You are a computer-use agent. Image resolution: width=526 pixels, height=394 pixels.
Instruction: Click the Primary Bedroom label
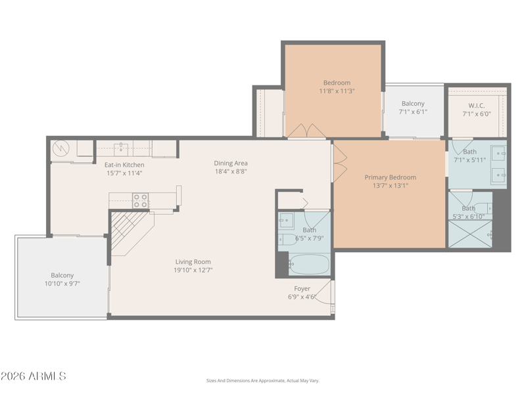pyautogui.click(x=390, y=177)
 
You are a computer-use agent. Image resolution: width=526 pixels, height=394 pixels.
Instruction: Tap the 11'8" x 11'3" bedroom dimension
pyautogui.click(x=337, y=91)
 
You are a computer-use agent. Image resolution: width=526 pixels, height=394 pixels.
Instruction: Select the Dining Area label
pyautogui.click(x=231, y=163)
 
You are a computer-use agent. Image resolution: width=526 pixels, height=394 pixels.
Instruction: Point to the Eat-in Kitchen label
pyautogui.click(x=124, y=165)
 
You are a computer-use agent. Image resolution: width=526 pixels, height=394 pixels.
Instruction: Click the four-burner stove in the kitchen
pyautogui.click(x=141, y=200)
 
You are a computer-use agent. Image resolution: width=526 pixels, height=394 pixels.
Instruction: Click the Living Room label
pyautogui.click(x=193, y=261)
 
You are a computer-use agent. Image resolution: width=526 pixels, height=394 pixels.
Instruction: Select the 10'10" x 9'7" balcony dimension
pyautogui.click(x=62, y=284)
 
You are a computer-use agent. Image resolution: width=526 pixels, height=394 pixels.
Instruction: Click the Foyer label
pyautogui.click(x=302, y=288)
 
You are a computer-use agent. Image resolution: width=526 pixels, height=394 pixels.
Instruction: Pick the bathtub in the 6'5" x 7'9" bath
pyautogui.click(x=309, y=265)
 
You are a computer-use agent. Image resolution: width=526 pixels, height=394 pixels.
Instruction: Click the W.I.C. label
pyautogui.click(x=476, y=106)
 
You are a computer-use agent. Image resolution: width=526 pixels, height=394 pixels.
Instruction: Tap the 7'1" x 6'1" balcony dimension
pyautogui.click(x=413, y=112)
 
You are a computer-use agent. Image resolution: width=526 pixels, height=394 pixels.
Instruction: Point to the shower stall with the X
pyautogui.click(x=470, y=234)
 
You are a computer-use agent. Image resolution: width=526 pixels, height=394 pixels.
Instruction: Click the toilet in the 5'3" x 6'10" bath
pyautogui.click(x=483, y=208)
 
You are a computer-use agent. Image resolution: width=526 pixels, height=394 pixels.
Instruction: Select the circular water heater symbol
pyautogui.click(x=61, y=148)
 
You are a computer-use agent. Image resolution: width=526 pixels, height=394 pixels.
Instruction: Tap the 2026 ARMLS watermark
pyautogui.click(x=34, y=376)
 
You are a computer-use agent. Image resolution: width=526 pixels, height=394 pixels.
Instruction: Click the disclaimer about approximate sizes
pyautogui.click(x=262, y=381)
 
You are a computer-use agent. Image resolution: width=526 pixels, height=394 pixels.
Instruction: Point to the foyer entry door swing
pyautogui.click(x=323, y=292)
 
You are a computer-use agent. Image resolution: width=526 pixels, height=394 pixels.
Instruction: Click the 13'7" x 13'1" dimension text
pyautogui.click(x=390, y=186)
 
